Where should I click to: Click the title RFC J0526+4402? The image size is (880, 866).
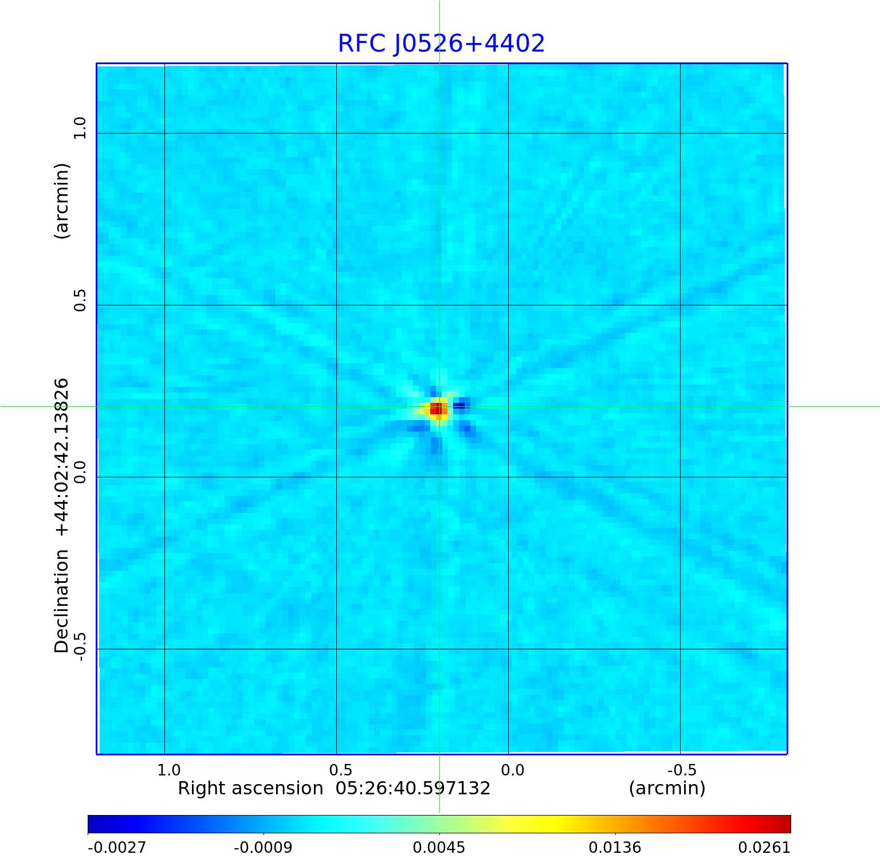tap(441, 44)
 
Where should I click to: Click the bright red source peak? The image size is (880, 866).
tap(437, 409)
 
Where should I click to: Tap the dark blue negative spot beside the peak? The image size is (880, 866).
tap(459, 406)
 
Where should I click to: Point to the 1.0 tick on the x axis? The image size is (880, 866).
tap(168, 770)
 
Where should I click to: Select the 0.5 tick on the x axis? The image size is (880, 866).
tap(340, 770)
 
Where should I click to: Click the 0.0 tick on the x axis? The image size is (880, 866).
tap(512, 770)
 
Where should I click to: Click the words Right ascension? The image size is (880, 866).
tap(250, 789)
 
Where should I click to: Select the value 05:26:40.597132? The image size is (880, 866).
tap(413, 789)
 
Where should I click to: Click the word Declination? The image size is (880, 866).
tap(62, 601)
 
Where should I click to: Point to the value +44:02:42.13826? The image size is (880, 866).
tap(62, 457)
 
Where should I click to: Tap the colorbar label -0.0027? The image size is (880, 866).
tap(117, 848)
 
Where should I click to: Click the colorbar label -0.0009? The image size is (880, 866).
tap(264, 848)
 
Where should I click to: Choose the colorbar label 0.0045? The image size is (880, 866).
tap(439, 848)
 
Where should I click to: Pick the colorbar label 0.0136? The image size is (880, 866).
tap(615, 848)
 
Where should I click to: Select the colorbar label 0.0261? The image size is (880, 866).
tap(764, 848)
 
